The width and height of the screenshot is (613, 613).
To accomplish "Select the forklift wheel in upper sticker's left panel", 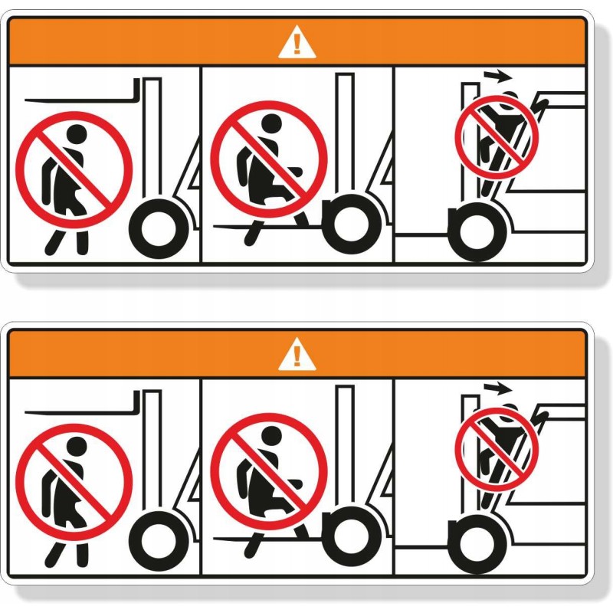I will click(159, 228).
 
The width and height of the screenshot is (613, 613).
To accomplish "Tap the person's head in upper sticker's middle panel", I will click(270, 124).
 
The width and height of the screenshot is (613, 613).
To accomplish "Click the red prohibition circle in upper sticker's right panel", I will click(497, 136).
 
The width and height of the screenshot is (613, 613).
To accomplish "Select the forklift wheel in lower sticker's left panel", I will click(159, 539).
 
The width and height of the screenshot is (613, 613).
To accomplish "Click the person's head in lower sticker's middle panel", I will click(270, 437).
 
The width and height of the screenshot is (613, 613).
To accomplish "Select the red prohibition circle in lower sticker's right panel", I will click(497, 448).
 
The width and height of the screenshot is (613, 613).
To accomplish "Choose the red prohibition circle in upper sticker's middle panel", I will click(269, 159).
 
